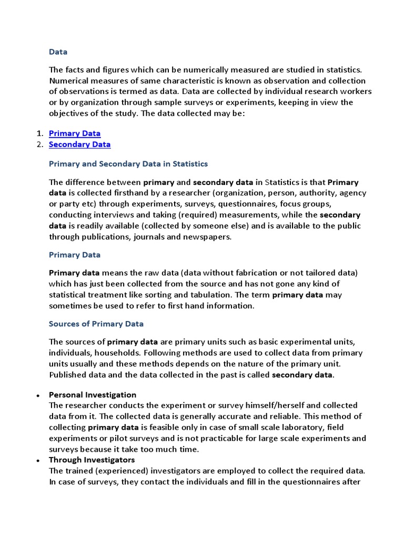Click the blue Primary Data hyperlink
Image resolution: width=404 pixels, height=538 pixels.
(x=75, y=133)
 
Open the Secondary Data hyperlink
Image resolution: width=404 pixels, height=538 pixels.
(x=79, y=144)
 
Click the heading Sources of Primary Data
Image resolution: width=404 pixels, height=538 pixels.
(x=96, y=324)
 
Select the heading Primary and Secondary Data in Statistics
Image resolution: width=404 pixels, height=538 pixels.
(x=128, y=164)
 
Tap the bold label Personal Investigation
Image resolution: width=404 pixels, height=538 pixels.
(x=92, y=395)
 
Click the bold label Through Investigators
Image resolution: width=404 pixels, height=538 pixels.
(x=92, y=460)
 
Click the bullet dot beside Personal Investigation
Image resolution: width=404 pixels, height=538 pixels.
(x=38, y=395)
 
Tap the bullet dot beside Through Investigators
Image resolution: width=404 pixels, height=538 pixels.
(x=38, y=461)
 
